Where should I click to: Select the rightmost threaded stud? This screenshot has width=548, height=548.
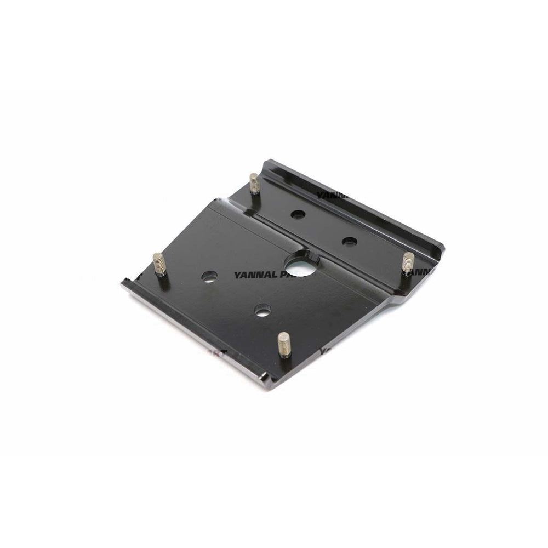point(408,262)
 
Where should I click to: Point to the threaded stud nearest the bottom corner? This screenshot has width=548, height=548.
point(283,344)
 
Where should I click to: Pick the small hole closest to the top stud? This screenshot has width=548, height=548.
point(298,215)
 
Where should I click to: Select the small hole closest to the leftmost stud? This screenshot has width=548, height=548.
point(208,277)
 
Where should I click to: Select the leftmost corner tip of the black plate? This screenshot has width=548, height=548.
point(122,283)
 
